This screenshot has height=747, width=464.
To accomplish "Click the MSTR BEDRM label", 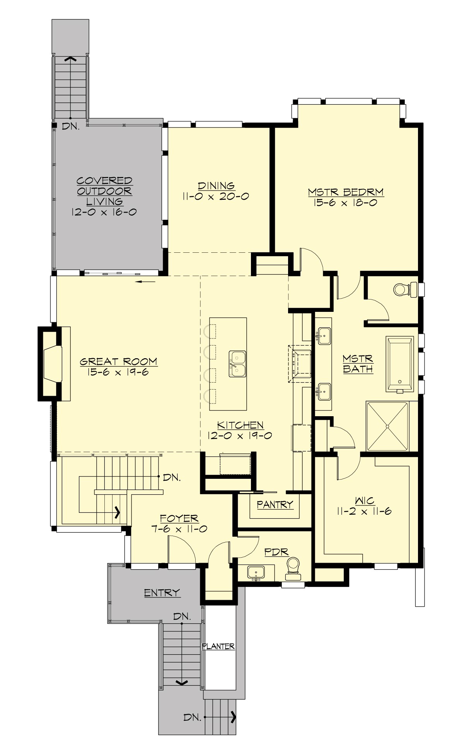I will pos(345,192).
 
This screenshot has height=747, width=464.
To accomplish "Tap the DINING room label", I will pos(216,186).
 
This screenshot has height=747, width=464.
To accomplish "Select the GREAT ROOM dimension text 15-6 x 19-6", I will pos(118,373).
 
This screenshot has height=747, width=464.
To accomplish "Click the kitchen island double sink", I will pos(237,364).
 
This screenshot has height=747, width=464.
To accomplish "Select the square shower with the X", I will pos(387,426).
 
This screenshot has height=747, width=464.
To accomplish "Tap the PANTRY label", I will pos(275,504).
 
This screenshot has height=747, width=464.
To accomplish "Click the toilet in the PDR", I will pos(293,568).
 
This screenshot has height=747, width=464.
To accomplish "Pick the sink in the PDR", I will pos(256,572).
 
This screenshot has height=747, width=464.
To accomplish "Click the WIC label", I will pos(364,501).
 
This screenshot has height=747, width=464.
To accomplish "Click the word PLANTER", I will pos(218,646).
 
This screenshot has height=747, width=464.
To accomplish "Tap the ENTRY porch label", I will pos(162,592).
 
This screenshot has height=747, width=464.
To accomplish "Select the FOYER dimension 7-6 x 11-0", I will pos(179,529).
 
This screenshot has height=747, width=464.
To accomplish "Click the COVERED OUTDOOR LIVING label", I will pos(104,191).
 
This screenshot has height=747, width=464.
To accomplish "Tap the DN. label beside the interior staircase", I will pos(172,477).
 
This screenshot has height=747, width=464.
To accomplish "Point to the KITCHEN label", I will pos(240,425).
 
